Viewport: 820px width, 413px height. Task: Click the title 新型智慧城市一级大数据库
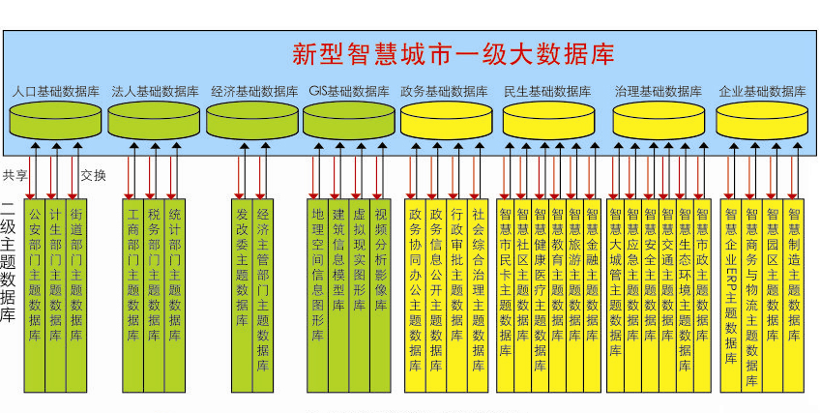coord(453,52)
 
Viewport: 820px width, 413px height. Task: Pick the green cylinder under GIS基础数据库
coord(349,121)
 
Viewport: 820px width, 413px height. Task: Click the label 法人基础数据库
coord(155,92)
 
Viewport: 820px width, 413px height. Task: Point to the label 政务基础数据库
coord(444,92)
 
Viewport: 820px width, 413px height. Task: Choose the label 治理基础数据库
coord(658,92)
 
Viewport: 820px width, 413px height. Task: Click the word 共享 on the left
coord(15,175)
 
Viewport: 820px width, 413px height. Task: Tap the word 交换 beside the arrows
coord(94,175)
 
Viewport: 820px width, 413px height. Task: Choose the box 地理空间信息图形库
coord(317,280)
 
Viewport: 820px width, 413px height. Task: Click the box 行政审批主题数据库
coord(456,280)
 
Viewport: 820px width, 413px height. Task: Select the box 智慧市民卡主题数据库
coord(504,280)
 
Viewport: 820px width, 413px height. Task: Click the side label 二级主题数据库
coord(9,261)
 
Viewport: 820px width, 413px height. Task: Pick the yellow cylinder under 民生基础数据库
coord(547,121)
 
